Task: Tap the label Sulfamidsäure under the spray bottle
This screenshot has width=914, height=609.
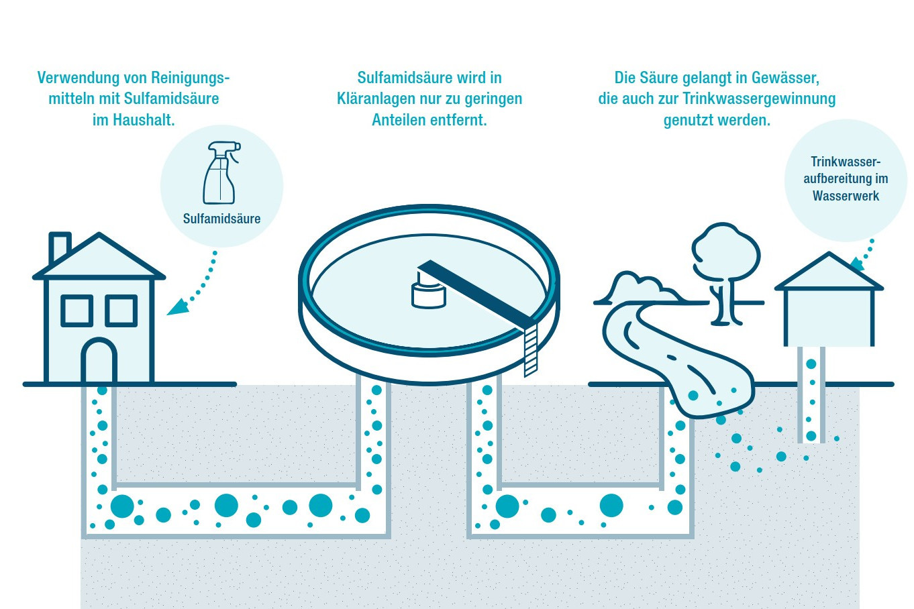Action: (221, 219)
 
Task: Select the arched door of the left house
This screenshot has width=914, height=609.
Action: (99, 362)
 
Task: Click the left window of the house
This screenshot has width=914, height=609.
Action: (77, 311)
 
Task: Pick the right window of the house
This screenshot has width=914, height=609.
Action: (121, 311)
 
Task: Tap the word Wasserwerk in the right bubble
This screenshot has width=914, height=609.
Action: (846, 197)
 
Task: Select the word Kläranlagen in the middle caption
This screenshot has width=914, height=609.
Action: (376, 99)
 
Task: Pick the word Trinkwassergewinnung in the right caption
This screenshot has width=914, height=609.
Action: (759, 99)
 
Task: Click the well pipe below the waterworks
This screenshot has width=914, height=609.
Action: (811, 396)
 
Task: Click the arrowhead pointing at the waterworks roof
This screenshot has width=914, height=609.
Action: (857, 265)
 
